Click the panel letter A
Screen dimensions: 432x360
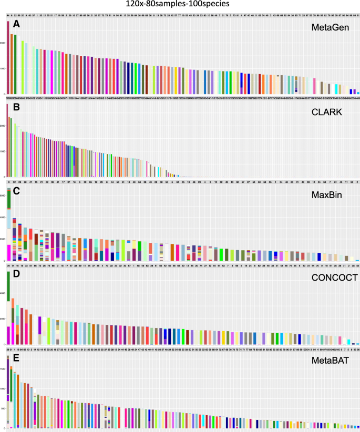point(17,25)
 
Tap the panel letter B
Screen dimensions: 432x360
point(17,110)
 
